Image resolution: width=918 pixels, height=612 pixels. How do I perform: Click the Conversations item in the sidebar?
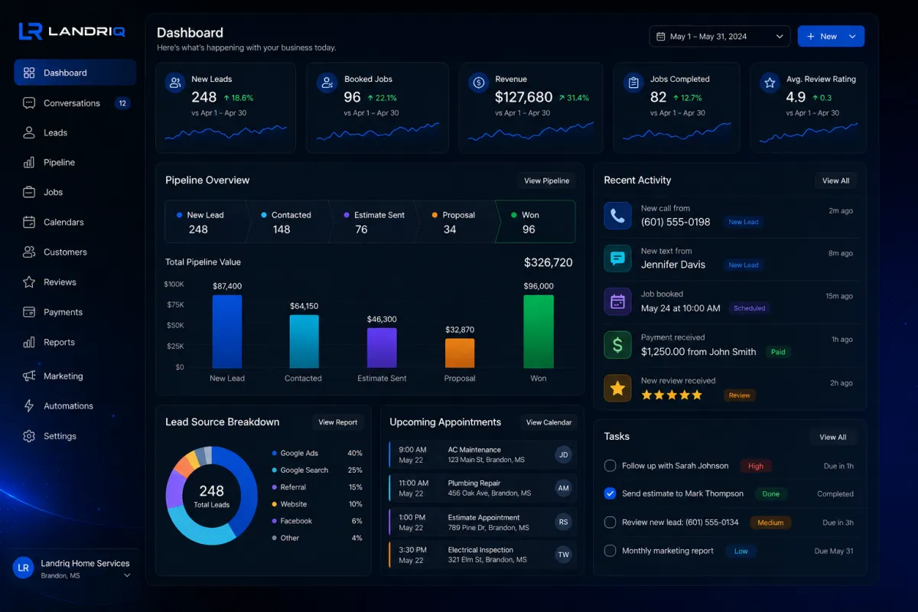pyautogui.click(x=72, y=103)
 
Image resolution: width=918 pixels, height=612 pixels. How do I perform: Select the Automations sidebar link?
pyautogui.click(x=68, y=405)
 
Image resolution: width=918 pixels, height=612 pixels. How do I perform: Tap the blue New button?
pyautogui.click(x=831, y=37)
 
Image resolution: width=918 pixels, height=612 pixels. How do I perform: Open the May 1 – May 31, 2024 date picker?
pyautogui.click(x=720, y=37)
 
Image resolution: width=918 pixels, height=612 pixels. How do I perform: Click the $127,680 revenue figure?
pyautogui.click(x=523, y=97)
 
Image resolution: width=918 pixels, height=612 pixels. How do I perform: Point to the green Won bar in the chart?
pyautogui.click(x=539, y=331)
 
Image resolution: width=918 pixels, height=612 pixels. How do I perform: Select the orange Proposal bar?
pyautogui.click(x=460, y=353)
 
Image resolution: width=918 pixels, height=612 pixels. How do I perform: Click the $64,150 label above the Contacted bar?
pyautogui.click(x=304, y=306)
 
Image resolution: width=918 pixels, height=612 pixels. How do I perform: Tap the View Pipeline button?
pyautogui.click(x=547, y=181)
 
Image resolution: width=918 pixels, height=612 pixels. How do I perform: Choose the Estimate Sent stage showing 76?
pyautogui.click(x=373, y=222)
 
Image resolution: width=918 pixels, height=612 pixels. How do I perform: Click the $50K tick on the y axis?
pyautogui.click(x=175, y=325)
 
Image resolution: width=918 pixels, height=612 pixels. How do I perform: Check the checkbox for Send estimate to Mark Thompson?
pyautogui.click(x=610, y=493)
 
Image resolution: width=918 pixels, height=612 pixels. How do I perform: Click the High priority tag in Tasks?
pyautogui.click(x=756, y=466)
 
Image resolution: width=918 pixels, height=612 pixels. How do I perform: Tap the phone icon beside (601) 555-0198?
pyautogui.click(x=617, y=216)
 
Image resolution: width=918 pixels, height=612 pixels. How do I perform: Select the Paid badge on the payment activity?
pyautogui.click(x=778, y=352)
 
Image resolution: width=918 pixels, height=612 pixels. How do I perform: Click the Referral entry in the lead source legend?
pyautogui.click(x=292, y=487)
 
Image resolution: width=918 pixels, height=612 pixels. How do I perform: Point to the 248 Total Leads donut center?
pyautogui.click(x=211, y=496)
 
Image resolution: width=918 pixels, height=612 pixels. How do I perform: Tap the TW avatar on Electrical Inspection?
pyautogui.click(x=564, y=555)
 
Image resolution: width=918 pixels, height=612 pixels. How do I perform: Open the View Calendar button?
pyautogui.click(x=549, y=422)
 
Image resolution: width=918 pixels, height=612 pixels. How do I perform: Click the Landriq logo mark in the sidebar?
pyautogui.click(x=31, y=31)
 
